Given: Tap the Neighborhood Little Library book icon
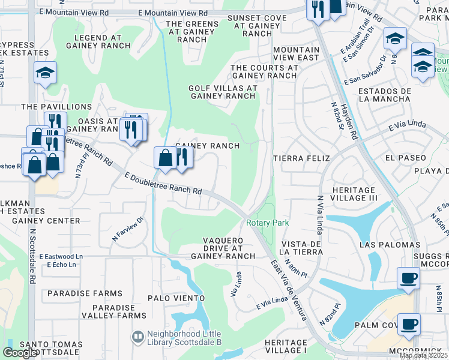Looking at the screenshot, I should tap(137, 336).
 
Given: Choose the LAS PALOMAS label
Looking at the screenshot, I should tap(390, 245).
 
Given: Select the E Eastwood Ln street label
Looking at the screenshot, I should tap(61, 257).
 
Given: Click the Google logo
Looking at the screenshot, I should tap(19, 353).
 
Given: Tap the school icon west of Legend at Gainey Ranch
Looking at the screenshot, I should tap(46, 73).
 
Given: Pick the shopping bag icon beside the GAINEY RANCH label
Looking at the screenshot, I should tap(165, 158).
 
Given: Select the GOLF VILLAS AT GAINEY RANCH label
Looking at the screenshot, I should tap(223, 92).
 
